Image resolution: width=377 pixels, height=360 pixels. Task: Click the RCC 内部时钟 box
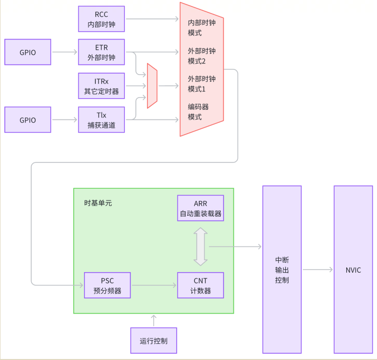coord(101,19)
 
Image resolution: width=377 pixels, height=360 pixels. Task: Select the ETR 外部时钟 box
coord(101,52)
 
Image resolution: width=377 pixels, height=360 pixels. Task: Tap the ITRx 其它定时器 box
coord(101,86)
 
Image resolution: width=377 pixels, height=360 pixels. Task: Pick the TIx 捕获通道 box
coord(101,120)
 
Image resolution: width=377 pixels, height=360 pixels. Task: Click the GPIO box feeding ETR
coord(28,52)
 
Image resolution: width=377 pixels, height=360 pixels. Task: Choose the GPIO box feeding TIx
coord(28,120)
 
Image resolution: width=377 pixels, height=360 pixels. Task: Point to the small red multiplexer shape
coord(152,86)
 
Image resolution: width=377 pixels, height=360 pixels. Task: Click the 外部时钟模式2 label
coord(202,56)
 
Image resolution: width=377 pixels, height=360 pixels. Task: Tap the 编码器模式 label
coord(198,112)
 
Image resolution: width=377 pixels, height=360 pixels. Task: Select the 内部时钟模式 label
coord(202,27)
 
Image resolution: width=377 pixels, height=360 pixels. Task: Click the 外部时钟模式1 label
coord(202,83)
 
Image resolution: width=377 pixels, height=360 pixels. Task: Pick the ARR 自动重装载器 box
coord(200,208)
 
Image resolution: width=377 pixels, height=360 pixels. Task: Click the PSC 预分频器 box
coord(107,285)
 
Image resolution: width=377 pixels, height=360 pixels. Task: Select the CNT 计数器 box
coord(200,285)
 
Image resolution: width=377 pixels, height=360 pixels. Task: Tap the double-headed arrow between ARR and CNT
coord(200,246)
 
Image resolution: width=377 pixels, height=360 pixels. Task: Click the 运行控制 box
coord(153,340)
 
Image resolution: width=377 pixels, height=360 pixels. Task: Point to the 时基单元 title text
coord(98,203)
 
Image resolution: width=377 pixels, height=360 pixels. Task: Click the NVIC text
coord(353,270)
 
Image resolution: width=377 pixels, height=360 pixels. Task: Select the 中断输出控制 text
coord(282,270)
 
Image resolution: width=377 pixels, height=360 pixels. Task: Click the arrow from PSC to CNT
coord(154,285)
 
